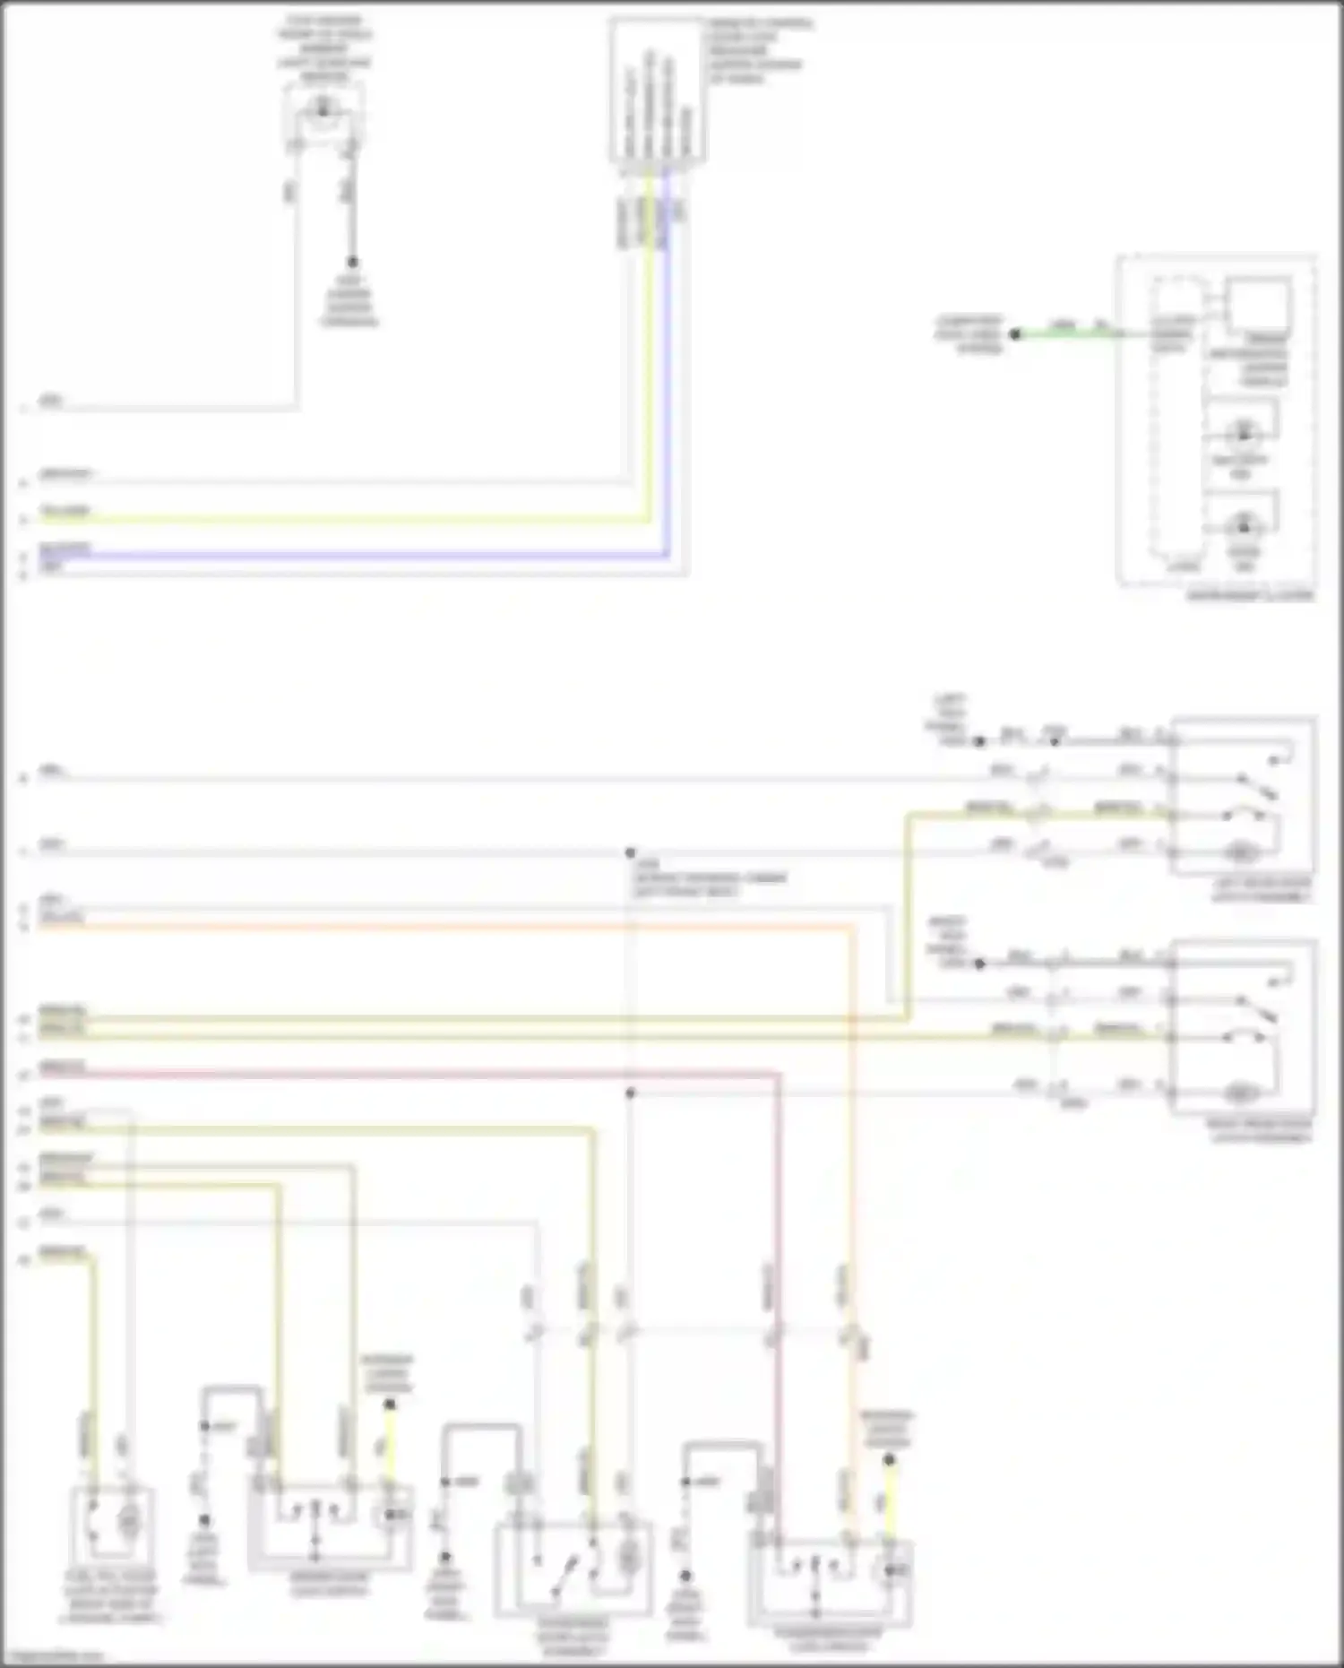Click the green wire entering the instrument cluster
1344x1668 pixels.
pos(1066,334)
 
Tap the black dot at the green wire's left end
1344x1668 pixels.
pos(1015,334)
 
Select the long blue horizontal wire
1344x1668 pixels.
pos(358,556)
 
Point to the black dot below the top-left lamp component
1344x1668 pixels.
pos(352,262)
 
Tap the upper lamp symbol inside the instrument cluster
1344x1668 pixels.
pos(1243,433)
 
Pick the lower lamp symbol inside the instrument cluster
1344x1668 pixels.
pos(1243,523)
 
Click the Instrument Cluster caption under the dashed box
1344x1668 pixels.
pos(1250,595)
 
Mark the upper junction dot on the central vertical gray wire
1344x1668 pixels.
pos(630,852)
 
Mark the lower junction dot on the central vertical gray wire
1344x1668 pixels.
pos(630,1093)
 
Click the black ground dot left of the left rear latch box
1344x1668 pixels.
pos(979,741)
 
